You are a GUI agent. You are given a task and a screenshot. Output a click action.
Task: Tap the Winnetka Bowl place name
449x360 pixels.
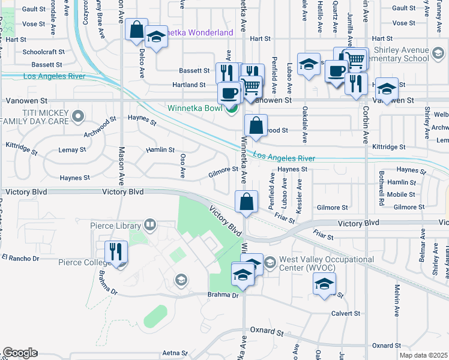point(196,109)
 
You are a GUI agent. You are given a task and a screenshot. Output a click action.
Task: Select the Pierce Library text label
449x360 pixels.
point(115,226)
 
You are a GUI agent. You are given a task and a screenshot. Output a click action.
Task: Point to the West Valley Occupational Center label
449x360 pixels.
point(326,263)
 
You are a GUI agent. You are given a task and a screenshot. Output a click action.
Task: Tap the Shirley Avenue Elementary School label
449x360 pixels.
point(401,54)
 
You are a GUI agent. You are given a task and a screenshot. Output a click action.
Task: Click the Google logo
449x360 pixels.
point(19,353)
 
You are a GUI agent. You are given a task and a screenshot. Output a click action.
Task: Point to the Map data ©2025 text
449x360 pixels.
point(423,355)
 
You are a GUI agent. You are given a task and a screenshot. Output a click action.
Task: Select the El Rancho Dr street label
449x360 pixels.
point(20,258)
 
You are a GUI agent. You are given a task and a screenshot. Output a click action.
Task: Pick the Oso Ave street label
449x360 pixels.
point(182,166)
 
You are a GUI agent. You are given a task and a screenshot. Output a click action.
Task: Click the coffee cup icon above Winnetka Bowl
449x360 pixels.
point(228,92)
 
